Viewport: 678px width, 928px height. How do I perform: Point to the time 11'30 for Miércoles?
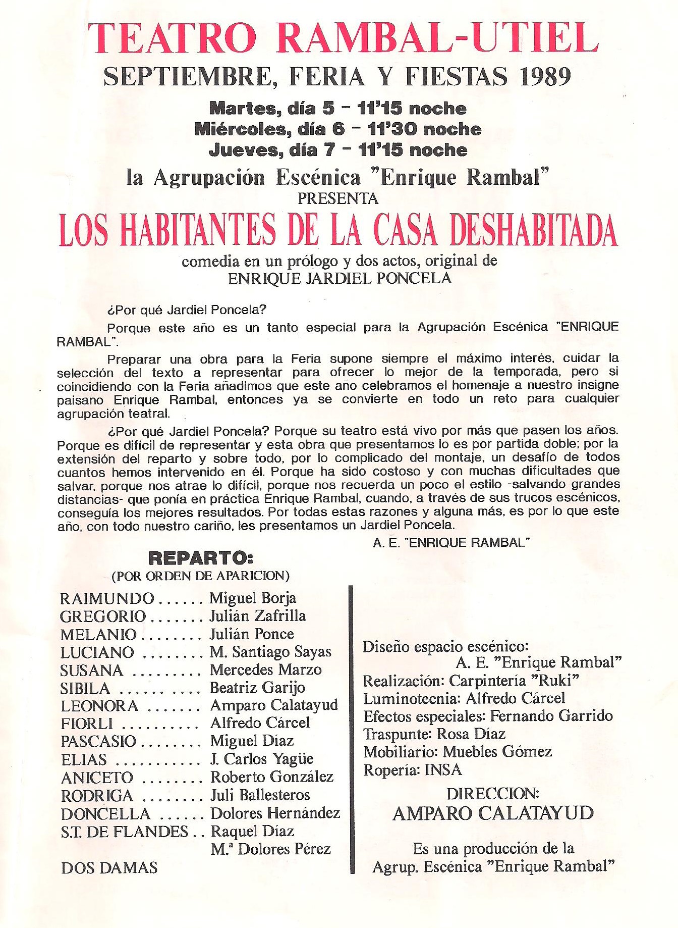click(x=393, y=129)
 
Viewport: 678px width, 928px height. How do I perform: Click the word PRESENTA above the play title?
click(x=338, y=198)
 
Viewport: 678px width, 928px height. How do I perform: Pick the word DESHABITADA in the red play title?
click(x=534, y=231)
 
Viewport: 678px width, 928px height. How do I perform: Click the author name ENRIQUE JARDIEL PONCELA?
click(x=340, y=278)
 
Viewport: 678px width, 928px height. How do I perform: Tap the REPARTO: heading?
click(x=201, y=558)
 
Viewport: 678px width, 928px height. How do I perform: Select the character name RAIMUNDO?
click(x=107, y=599)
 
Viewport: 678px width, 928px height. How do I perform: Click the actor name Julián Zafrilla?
click(x=258, y=616)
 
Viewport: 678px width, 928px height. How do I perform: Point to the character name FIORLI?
click(x=87, y=724)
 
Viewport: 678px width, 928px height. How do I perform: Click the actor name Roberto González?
click(x=272, y=777)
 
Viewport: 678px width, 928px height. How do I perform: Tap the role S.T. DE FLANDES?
click(x=124, y=832)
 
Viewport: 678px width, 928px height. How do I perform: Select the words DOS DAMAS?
click(x=109, y=868)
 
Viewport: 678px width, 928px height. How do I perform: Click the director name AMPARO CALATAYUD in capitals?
click(x=493, y=813)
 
